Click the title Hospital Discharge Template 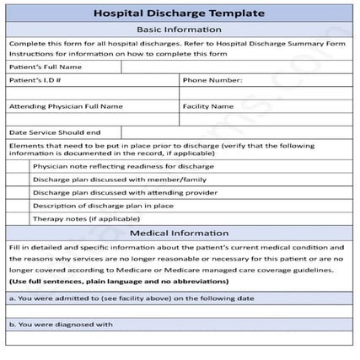click(179, 13)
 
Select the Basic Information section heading click(179, 30)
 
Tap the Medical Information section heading click(179, 233)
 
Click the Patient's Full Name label click(46, 67)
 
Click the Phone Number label click(212, 80)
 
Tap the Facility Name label click(207, 107)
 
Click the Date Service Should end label click(55, 132)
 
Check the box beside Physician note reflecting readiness click(19, 167)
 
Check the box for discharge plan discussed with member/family click(19, 180)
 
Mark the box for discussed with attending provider click(19, 192)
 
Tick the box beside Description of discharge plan click(19, 205)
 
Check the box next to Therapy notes click(19, 218)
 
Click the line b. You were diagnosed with click(61, 324)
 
